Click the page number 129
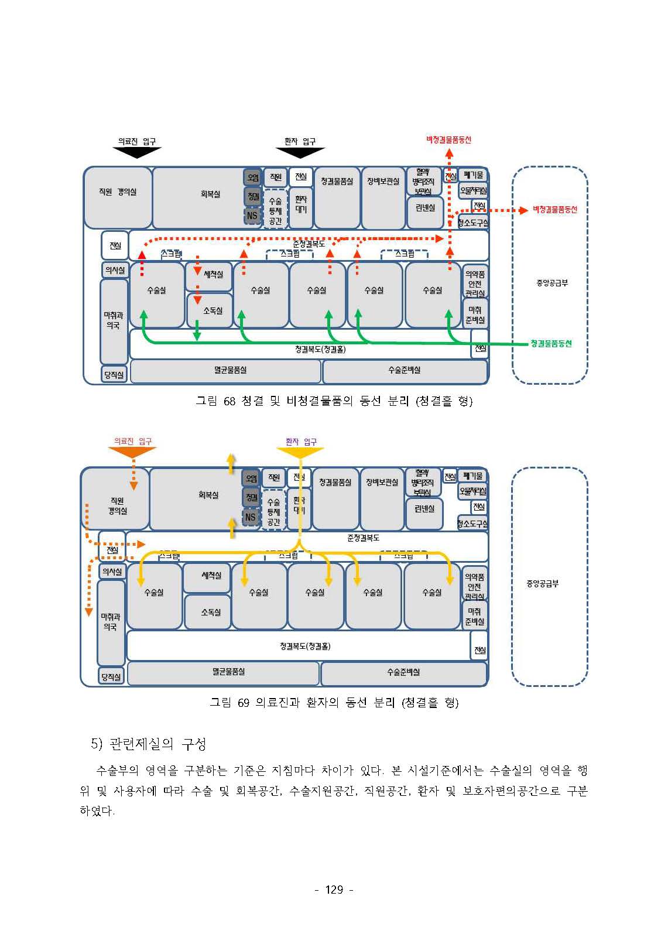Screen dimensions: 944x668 coord(334,890)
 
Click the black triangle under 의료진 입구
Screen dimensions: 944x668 coord(136,152)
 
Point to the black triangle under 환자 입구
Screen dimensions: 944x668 coord(300,152)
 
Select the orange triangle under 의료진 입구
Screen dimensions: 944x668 coord(133,452)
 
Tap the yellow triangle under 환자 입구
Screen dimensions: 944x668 coord(300,452)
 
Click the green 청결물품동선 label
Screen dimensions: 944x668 coord(550,343)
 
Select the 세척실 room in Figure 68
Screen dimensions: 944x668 coord(209,275)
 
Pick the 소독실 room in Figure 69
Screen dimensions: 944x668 coord(208,612)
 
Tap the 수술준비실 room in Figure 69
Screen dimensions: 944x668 coord(403,673)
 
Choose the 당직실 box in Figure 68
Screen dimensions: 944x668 coord(114,375)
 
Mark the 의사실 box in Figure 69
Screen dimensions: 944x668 coord(112,572)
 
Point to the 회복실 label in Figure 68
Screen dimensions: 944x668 coord(210,194)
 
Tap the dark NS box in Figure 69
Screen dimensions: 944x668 coord(251,517)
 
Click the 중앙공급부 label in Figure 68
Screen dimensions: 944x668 coord(551,283)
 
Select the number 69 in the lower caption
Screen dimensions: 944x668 coord(244,702)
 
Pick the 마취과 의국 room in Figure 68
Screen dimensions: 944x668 coord(114,320)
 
